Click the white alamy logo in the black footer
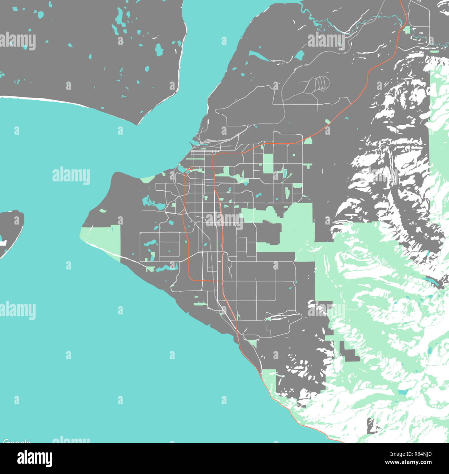pos(35,458)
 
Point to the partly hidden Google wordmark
pos(17,442)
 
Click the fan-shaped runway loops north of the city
pos(321,83)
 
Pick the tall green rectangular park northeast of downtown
pos(268,163)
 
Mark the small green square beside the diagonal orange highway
pos(327,121)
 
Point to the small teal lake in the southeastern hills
pos(402,392)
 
